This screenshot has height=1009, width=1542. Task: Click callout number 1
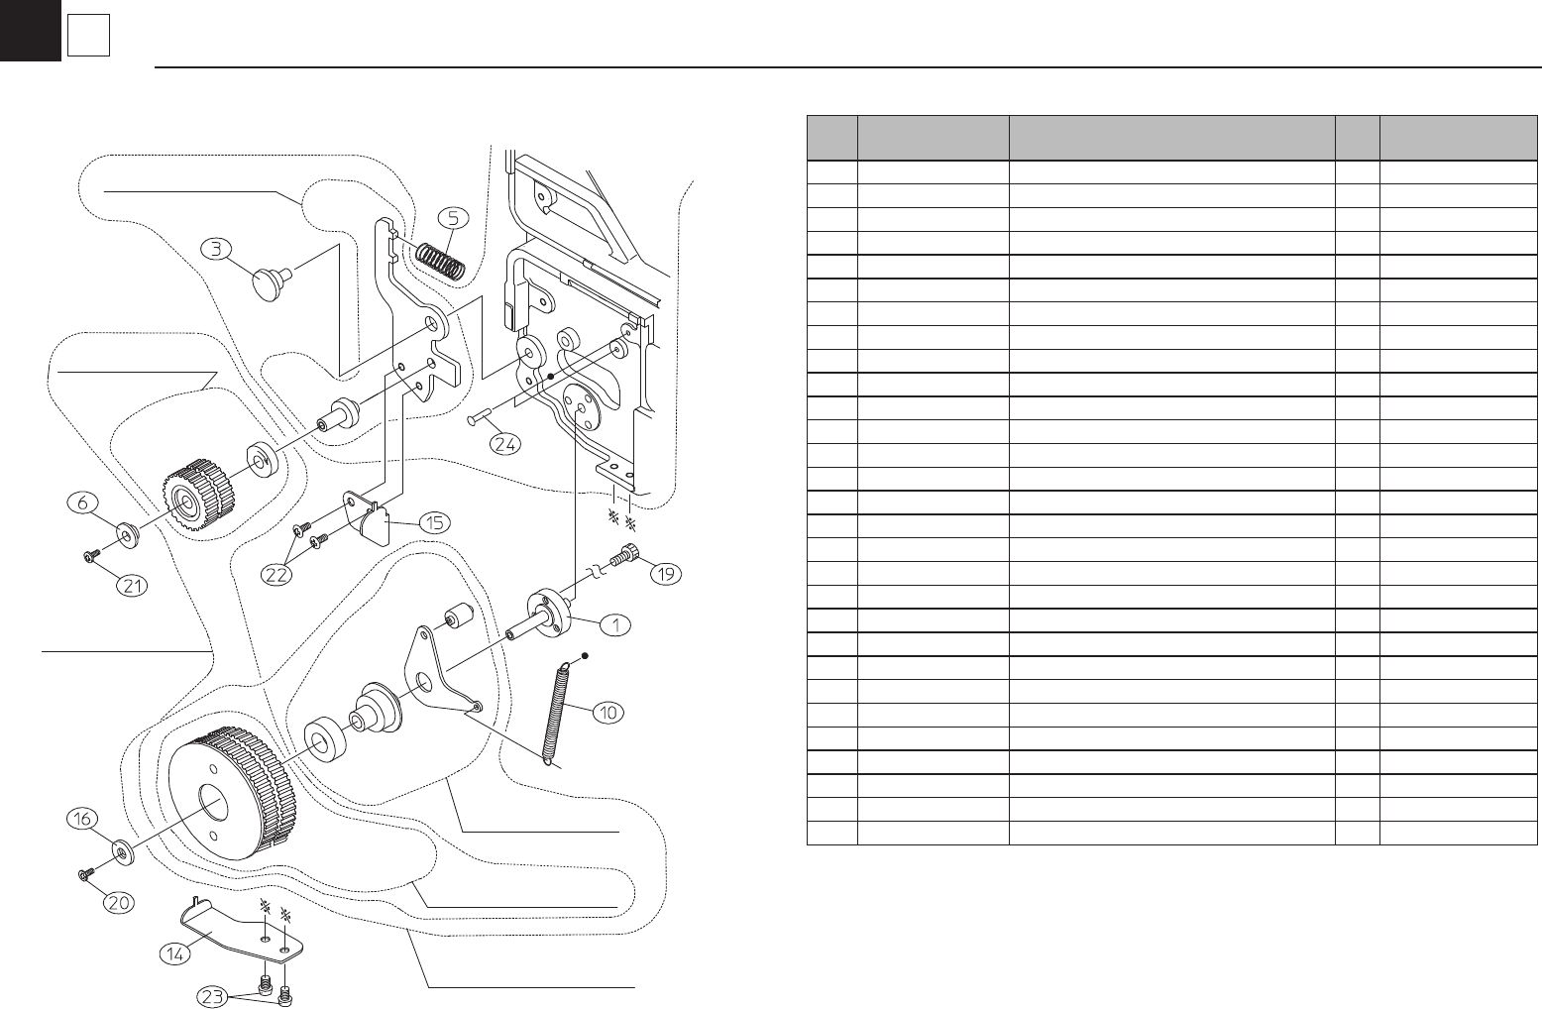coord(615,625)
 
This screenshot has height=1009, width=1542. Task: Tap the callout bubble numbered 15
coord(434,523)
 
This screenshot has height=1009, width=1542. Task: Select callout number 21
coord(135,586)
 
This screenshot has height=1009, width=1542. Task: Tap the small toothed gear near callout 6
coord(196,496)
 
